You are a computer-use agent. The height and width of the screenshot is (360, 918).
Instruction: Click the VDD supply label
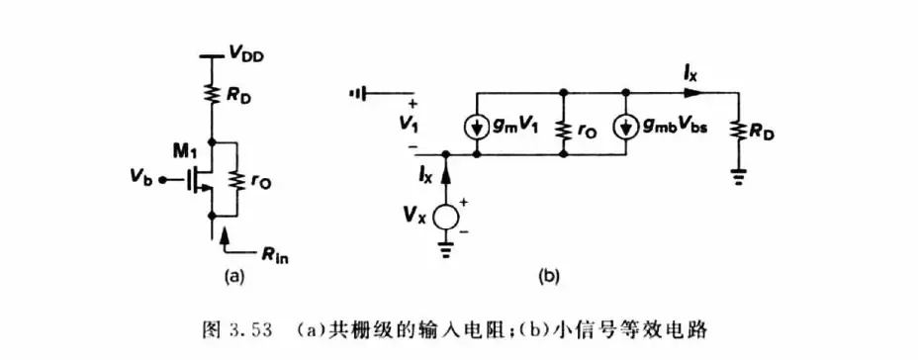tap(246, 56)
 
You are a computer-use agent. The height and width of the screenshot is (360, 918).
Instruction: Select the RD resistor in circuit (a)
tap(212, 91)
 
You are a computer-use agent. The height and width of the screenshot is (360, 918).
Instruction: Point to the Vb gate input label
tap(143, 180)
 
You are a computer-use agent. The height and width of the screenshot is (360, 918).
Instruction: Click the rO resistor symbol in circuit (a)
tap(236, 179)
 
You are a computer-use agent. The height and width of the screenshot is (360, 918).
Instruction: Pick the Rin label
tap(275, 256)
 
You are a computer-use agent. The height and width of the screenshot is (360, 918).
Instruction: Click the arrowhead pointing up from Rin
tap(226, 236)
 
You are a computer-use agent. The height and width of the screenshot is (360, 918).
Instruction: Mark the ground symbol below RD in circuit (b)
tap(738, 176)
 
